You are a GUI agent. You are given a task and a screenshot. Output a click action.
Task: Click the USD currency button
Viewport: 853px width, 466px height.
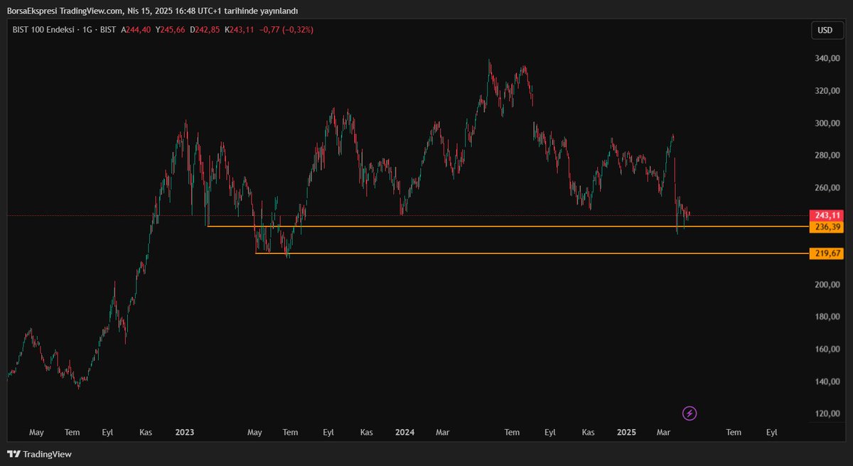click(825, 30)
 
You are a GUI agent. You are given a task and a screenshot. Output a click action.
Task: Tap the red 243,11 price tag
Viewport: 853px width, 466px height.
click(826, 215)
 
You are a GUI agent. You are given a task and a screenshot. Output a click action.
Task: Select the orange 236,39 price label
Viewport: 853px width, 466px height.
click(826, 227)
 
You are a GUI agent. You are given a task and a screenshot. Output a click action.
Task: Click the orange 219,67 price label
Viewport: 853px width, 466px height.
click(826, 254)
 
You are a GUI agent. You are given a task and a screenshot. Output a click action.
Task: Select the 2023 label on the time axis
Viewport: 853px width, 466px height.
click(185, 432)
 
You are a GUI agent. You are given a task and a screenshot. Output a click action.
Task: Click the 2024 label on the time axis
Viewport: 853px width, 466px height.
click(405, 432)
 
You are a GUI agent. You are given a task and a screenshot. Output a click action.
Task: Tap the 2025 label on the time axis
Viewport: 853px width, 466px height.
click(626, 432)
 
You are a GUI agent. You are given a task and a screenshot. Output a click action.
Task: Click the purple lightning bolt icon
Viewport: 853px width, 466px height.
click(690, 413)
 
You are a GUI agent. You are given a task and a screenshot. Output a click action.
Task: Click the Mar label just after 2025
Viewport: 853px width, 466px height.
click(665, 432)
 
